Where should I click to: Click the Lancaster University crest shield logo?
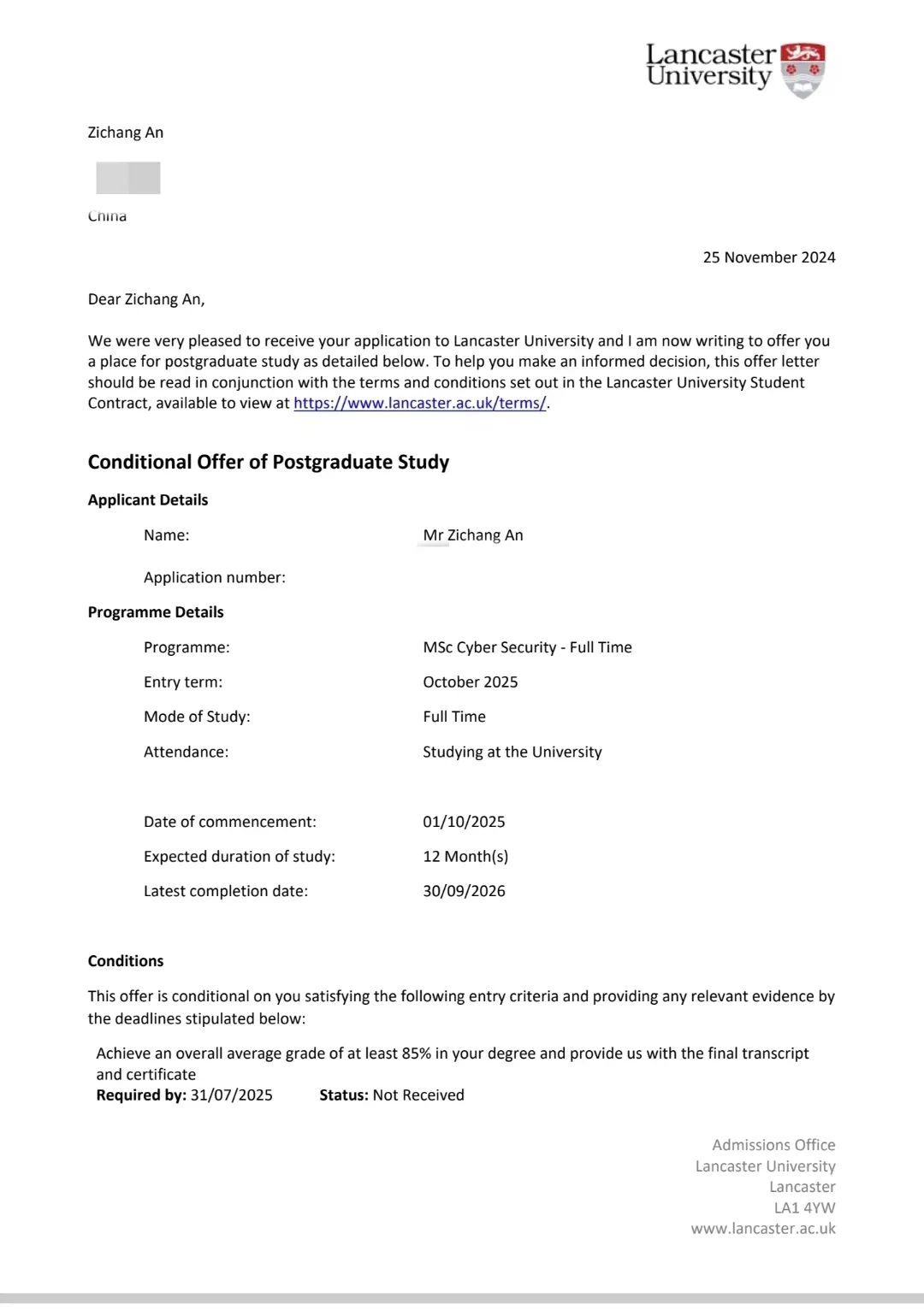click(x=803, y=69)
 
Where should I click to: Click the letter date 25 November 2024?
click(x=768, y=257)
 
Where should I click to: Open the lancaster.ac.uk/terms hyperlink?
click(x=419, y=403)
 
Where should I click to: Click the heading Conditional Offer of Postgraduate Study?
click(x=268, y=462)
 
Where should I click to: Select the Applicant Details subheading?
click(x=147, y=500)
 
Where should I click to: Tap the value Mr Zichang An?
click(x=472, y=535)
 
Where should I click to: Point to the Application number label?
click(x=214, y=577)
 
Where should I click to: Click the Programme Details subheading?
click(x=155, y=612)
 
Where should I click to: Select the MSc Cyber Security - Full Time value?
click(x=527, y=647)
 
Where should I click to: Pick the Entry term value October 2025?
click(x=470, y=682)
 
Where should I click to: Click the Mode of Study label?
click(x=197, y=717)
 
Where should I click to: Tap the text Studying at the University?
click(x=512, y=752)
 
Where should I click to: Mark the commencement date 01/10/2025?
click(x=464, y=822)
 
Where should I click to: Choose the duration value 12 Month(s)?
click(x=465, y=856)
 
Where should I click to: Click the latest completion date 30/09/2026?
click(x=464, y=891)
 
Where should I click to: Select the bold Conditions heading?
click(x=125, y=961)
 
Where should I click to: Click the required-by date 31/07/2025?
click(x=231, y=1095)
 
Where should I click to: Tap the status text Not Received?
click(x=418, y=1095)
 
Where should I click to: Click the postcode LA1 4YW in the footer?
click(x=804, y=1207)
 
